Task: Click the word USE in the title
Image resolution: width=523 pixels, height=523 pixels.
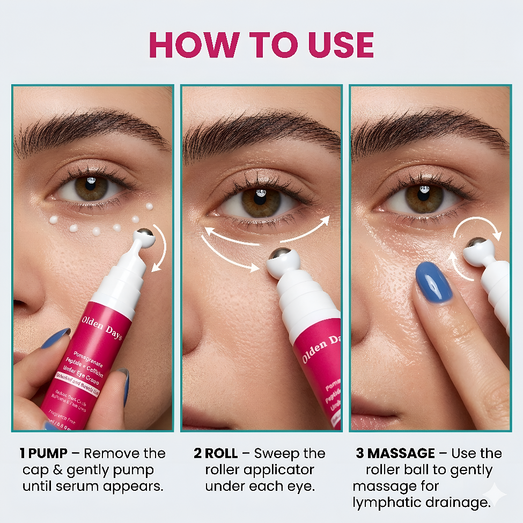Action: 333,45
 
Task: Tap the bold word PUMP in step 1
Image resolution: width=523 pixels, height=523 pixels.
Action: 48,454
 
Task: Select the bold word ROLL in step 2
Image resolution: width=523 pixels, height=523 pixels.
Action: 222,454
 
